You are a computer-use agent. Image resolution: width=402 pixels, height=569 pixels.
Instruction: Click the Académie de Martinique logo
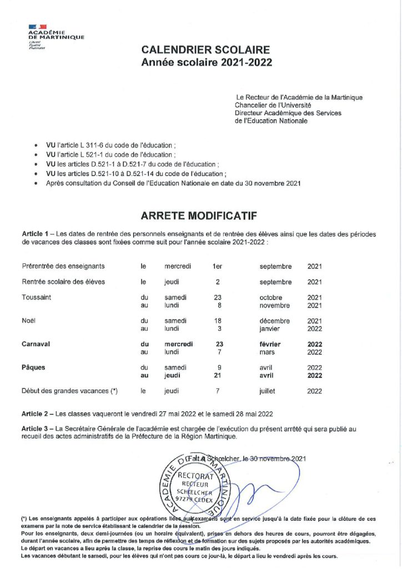[x=56, y=37]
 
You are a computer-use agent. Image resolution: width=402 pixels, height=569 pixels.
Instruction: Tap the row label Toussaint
[x=37, y=297]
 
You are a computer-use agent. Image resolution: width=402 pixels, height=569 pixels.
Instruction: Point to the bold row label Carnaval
[x=36, y=344]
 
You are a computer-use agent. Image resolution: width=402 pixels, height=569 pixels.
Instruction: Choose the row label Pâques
[x=34, y=367]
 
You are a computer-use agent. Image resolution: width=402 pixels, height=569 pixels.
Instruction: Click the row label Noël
[x=29, y=321]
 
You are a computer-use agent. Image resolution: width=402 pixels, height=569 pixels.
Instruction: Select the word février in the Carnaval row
[x=270, y=344]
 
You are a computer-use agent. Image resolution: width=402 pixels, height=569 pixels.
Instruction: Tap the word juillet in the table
[x=267, y=391]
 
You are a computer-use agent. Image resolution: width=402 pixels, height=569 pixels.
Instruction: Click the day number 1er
[x=218, y=266]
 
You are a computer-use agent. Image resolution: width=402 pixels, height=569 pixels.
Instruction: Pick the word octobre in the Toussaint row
[x=271, y=297]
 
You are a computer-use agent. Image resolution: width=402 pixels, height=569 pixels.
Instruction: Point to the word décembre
[x=274, y=321]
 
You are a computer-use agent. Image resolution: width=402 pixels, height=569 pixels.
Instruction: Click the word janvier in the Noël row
[x=269, y=328]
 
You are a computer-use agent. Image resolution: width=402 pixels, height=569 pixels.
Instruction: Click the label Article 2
[x=36, y=413]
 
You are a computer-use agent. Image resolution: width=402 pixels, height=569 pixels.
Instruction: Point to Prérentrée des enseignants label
[x=63, y=266]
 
